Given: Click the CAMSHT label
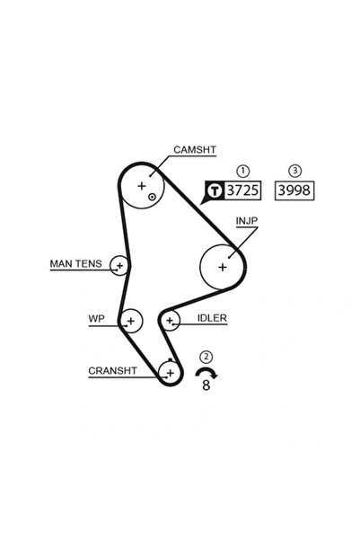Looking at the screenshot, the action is pyautogui.click(x=195, y=150).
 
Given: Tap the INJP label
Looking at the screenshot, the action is pyautogui.click(x=247, y=221).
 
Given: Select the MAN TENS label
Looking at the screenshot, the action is pyautogui.click(x=75, y=264).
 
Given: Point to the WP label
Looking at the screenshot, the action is pyautogui.click(x=96, y=319).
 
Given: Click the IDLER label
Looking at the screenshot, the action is pyautogui.click(x=212, y=318).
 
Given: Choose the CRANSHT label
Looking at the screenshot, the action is pyautogui.click(x=112, y=371).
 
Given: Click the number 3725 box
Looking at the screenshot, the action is pyautogui.click(x=242, y=190).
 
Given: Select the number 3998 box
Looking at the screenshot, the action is pyautogui.click(x=294, y=190).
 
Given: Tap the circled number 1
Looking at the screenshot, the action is pyautogui.click(x=243, y=171).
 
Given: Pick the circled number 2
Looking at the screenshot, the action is pyautogui.click(x=206, y=357).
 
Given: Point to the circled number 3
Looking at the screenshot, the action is pyautogui.click(x=294, y=171).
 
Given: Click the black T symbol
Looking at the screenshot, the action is pyautogui.click(x=215, y=190).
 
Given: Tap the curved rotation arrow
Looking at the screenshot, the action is pyautogui.click(x=206, y=370).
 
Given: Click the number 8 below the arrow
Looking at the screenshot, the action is pyautogui.click(x=206, y=385).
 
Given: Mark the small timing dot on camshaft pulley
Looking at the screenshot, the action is pyautogui.click(x=152, y=197).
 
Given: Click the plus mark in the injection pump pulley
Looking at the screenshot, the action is pyautogui.click(x=223, y=267).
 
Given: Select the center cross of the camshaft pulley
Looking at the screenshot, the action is pyautogui.click(x=142, y=186).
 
